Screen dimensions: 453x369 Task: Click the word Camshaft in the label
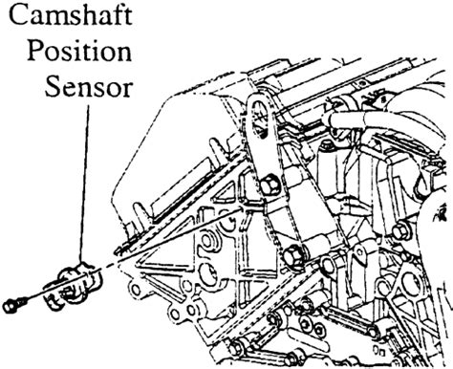(x=71, y=15)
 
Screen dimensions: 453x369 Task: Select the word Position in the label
(x=79, y=51)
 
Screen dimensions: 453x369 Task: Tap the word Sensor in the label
(x=88, y=86)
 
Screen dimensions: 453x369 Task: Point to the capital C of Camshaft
(x=19, y=15)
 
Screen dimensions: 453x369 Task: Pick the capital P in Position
(x=35, y=50)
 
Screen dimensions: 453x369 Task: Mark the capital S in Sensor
(x=52, y=86)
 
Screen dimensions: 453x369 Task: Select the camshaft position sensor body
(x=74, y=286)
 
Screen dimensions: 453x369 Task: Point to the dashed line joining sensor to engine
(x=108, y=266)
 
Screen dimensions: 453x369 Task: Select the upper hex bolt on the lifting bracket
(x=270, y=185)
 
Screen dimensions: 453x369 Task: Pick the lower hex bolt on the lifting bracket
(x=293, y=256)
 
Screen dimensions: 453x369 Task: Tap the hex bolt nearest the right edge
(x=401, y=232)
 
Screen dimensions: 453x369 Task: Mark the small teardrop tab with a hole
(x=359, y=255)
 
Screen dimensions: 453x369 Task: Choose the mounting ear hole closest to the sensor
(x=136, y=290)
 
